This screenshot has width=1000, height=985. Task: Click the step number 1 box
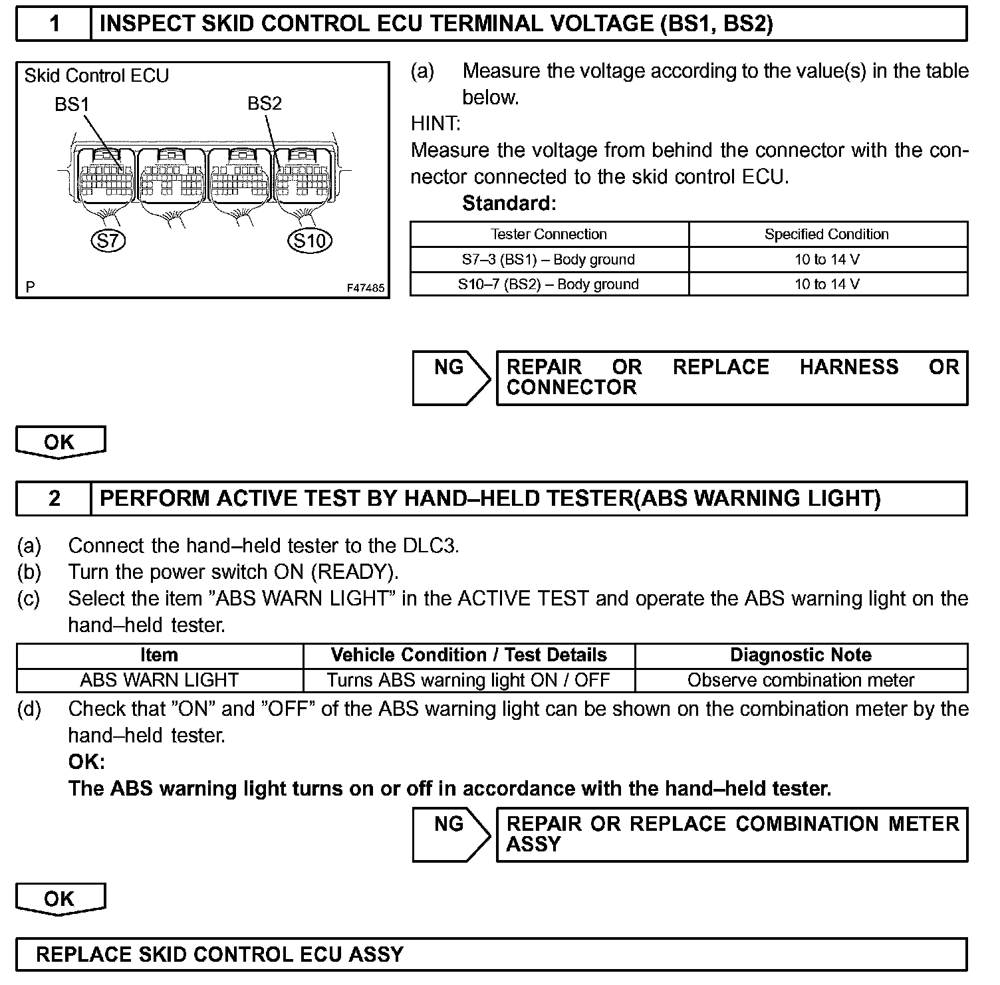pyautogui.click(x=54, y=24)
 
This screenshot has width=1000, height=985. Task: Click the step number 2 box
pyautogui.click(x=54, y=498)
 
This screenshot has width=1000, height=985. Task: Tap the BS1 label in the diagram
pyautogui.click(x=72, y=104)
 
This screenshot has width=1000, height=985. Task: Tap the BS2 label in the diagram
pyautogui.click(x=265, y=104)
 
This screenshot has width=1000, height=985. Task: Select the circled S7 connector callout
pyautogui.click(x=108, y=240)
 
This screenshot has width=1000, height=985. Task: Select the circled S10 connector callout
pyautogui.click(x=310, y=240)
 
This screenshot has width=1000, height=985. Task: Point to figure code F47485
pyautogui.click(x=365, y=288)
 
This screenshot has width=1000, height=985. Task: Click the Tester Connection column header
pyautogui.click(x=549, y=235)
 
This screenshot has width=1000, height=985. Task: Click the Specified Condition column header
pyautogui.click(x=826, y=235)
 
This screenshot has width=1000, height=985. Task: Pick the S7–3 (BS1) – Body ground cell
pyautogui.click(x=549, y=260)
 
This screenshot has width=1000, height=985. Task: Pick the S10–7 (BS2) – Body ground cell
pyautogui.click(x=549, y=284)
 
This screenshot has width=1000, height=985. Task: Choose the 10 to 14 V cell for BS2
pyautogui.click(x=826, y=284)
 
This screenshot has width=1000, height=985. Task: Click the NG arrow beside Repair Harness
pyautogui.click(x=450, y=377)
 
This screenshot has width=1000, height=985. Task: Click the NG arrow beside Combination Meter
pyautogui.click(x=450, y=833)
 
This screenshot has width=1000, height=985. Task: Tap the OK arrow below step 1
pyautogui.click(x=60, y=442)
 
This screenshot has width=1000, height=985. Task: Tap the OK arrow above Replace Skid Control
pyautogui.click(x=60, y=899)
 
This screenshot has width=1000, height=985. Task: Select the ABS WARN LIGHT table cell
pyautogui.click(x=160, y=681)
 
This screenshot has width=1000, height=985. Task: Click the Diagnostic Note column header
pyautogui.click(x=801, y=655)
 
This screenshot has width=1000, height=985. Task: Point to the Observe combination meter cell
pyautogui.click(x=801, y=681)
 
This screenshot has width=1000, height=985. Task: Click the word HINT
pyautogui.click(x=435, y=124)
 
